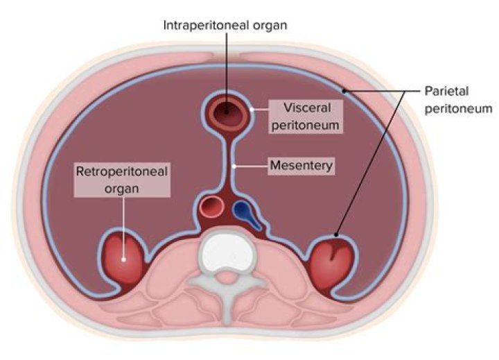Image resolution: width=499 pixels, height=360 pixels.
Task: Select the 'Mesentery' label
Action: (x=302, y=166)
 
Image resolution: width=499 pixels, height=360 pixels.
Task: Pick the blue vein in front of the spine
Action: (x=243, y=211)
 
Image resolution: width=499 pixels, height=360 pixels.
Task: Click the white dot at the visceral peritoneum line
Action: (x=254, y=109)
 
